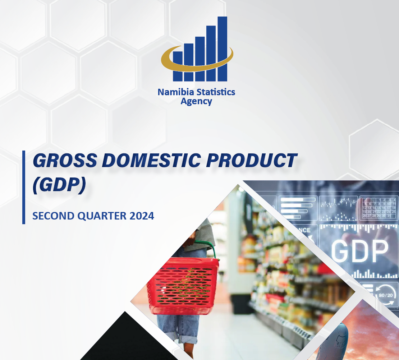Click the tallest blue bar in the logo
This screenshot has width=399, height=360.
point(222,49)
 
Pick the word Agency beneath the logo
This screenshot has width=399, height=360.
point(196,101)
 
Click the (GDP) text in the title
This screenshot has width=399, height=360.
point(59,185)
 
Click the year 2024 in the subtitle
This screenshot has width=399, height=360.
point(141,216)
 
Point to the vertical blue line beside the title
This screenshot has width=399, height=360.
point(24,187)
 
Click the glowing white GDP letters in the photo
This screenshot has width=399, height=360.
point(359,251)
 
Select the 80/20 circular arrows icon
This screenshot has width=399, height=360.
point(385,295)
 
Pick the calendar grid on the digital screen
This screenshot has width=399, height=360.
point(379,208)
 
